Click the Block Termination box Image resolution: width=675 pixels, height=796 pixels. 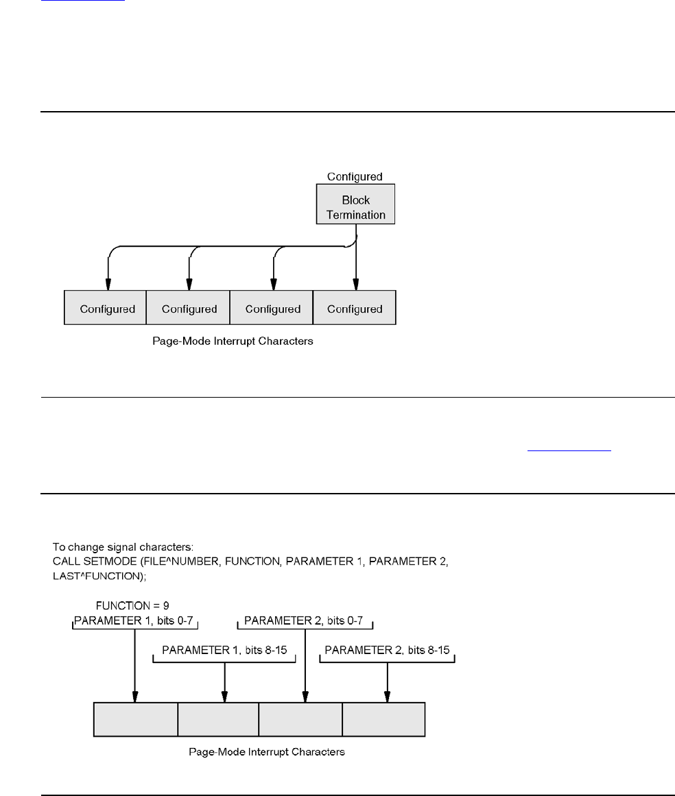click(355, 204)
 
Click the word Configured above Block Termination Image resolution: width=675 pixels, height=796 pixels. click(355, 177)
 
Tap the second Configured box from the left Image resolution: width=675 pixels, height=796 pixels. click(188, 308)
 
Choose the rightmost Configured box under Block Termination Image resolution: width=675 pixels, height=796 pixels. click(355, 308)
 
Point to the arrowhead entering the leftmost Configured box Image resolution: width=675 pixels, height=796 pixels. click(108, 285)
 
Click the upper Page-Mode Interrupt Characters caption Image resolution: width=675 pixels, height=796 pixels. click(233, 341)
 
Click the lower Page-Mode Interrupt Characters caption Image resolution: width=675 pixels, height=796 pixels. click(267, 752)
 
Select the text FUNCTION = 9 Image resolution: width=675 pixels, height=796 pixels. click(132, 605)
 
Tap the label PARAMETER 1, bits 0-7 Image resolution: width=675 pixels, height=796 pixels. click(134, 620)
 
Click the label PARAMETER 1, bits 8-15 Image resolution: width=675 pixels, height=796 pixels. click(224, 650)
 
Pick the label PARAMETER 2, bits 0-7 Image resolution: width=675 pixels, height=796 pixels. click(304, 620)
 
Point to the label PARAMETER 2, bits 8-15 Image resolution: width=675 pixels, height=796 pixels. click(387, 650)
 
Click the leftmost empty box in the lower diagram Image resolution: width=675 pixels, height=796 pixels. click(136, 719)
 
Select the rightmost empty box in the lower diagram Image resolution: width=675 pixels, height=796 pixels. click(384, 719)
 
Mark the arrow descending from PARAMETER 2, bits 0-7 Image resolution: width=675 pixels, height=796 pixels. click(305, 666)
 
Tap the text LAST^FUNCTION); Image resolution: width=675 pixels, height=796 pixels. click(99, 576)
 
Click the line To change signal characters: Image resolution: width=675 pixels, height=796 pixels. click(123, 546)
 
